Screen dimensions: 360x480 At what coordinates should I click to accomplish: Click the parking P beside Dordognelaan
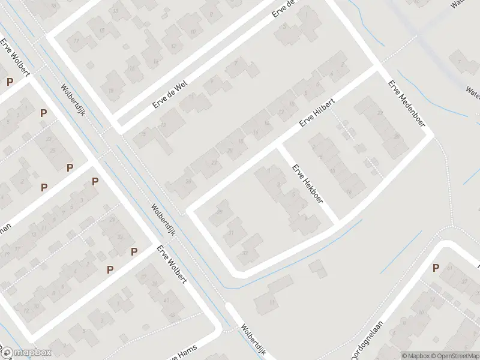(x=436, y=268)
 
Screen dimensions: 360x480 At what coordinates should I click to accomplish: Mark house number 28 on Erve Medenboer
(x=396, y=137)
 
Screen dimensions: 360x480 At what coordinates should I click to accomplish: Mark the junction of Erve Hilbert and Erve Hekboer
(x=278, y=146)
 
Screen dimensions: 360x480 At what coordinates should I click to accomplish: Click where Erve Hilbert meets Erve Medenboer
(x=378, y=67)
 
